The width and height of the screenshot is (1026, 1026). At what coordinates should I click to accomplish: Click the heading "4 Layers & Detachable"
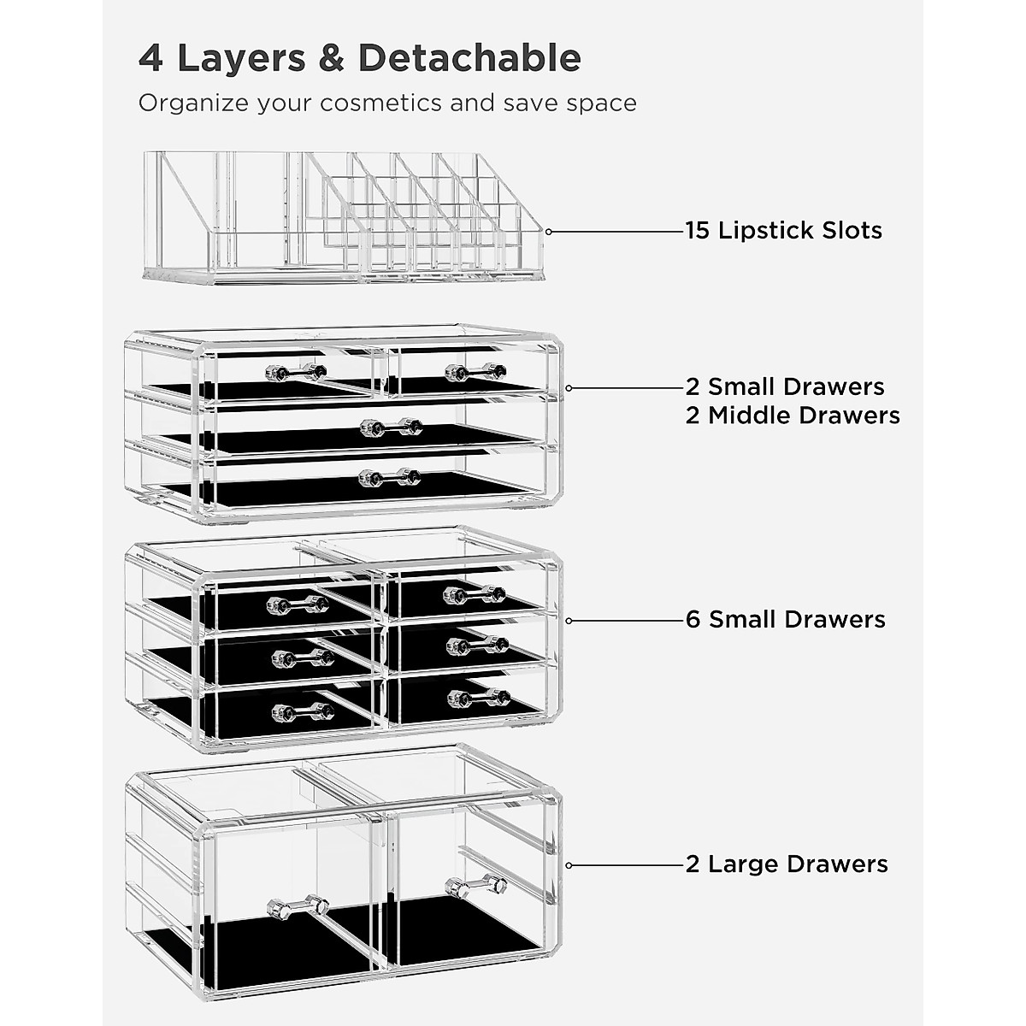359,58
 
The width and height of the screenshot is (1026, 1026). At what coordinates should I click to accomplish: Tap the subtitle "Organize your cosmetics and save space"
387,103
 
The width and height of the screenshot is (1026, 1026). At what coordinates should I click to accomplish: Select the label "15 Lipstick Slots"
783,231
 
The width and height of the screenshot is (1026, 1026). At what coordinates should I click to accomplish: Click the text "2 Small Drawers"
785,386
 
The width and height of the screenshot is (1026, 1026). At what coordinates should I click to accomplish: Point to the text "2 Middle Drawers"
793,416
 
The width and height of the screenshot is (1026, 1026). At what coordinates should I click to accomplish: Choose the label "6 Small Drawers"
785,619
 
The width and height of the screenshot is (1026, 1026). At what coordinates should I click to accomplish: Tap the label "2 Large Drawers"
787,864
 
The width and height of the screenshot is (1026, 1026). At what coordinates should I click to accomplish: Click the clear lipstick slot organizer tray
342,218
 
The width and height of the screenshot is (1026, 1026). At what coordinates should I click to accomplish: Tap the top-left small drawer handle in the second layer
296,372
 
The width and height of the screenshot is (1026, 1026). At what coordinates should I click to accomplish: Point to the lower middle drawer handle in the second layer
390,478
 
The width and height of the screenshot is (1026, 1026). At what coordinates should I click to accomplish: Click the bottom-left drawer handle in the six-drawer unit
298,711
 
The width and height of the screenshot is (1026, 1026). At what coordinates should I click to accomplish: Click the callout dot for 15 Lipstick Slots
549,232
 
